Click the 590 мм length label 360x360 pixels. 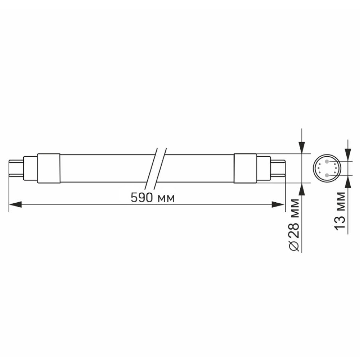[153, 198]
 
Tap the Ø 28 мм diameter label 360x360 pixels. [295, 225]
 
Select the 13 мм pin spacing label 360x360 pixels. [340, 211]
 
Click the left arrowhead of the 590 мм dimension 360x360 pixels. [15, 204]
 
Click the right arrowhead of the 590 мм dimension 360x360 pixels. [278, 204]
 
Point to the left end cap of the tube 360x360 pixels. [49, 168]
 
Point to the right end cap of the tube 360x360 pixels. [245, 168]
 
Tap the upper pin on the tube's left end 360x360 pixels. [16, 161]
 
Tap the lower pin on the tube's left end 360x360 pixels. [16, 176]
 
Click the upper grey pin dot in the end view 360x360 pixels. [327, 161]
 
